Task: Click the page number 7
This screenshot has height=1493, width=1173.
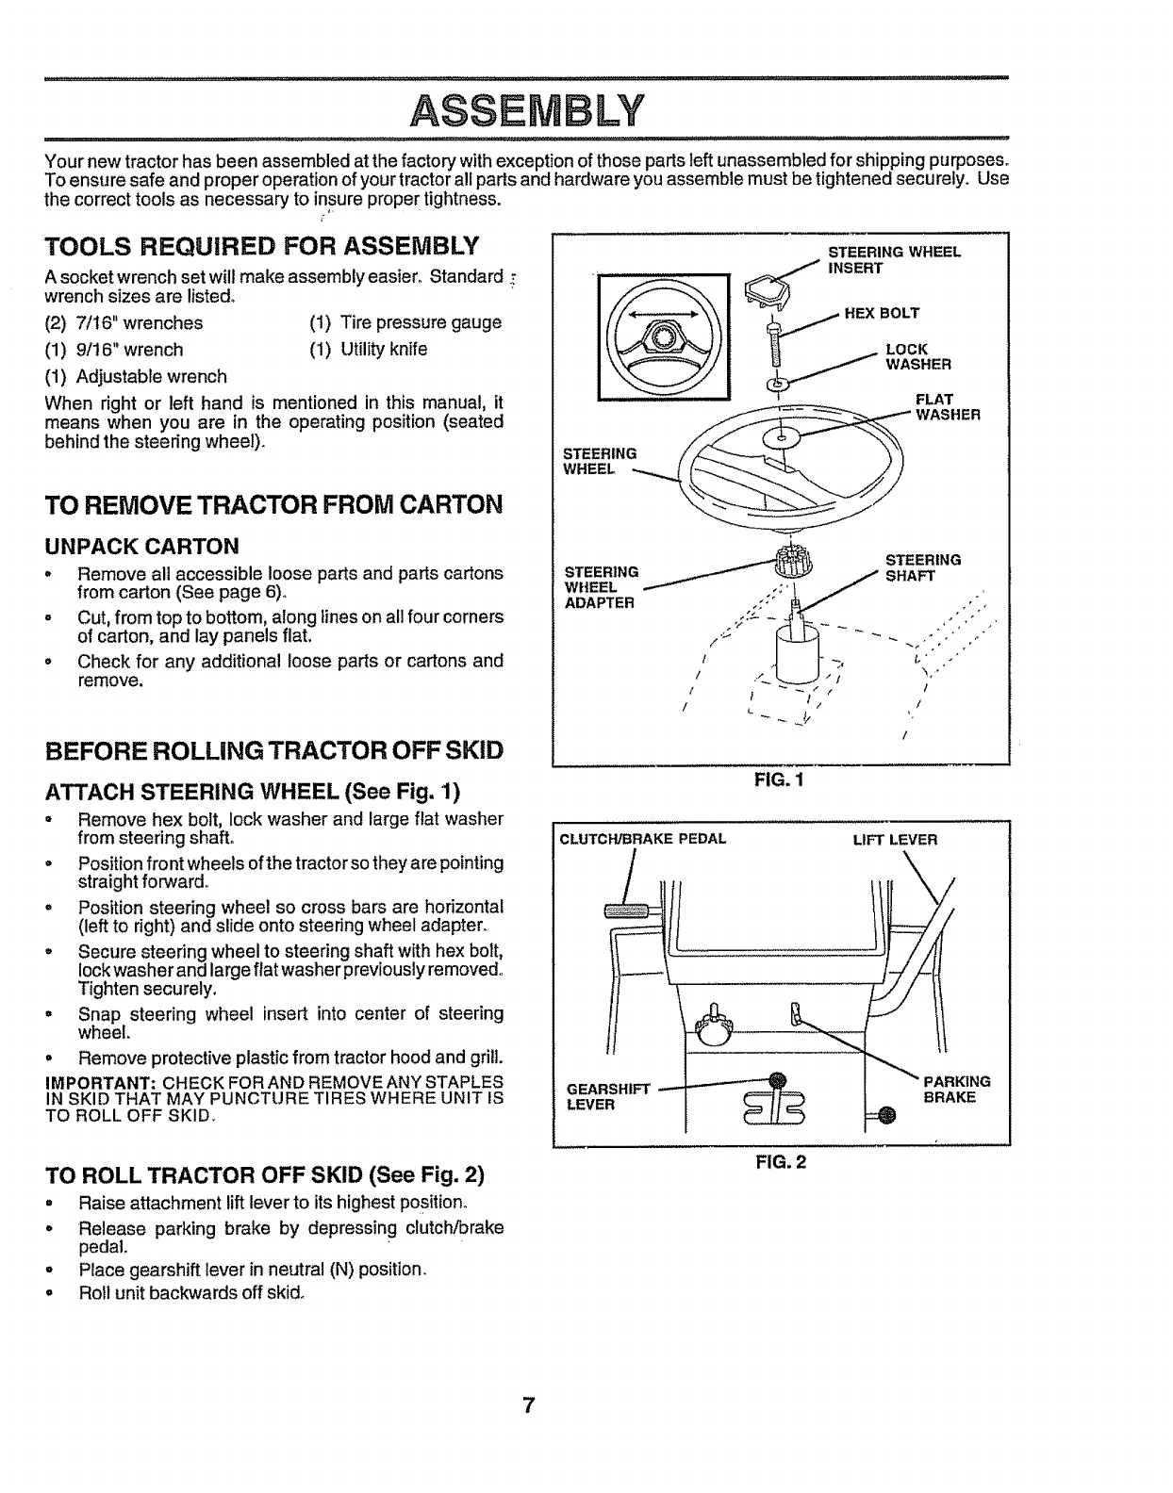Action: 529,1405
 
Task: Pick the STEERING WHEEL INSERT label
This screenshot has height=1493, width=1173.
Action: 893,259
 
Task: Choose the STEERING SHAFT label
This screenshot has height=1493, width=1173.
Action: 922,567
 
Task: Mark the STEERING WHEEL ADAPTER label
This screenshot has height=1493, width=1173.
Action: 601,587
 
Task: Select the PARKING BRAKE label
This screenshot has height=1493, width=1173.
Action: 956,1090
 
